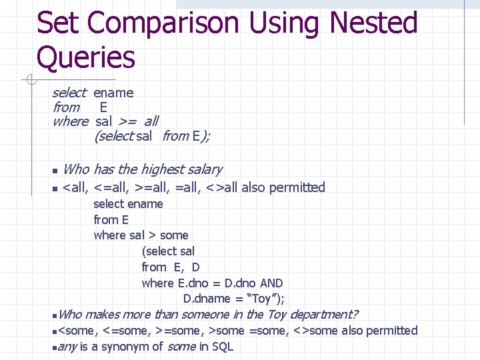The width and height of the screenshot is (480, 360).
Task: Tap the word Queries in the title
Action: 86,57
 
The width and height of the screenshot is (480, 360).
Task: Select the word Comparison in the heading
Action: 163,23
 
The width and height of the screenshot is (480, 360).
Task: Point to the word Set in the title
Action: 59,23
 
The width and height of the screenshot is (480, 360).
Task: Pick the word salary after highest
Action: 206,169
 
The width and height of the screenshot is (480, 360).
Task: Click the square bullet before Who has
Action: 55,171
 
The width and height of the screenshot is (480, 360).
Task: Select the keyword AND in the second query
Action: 271,283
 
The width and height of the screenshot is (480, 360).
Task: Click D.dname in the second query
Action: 207,299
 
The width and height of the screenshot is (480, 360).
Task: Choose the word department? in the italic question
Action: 324,314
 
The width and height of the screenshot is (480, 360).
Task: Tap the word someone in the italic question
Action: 204,314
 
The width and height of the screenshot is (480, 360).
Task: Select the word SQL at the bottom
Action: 221,346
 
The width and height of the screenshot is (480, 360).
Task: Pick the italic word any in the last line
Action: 67,346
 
